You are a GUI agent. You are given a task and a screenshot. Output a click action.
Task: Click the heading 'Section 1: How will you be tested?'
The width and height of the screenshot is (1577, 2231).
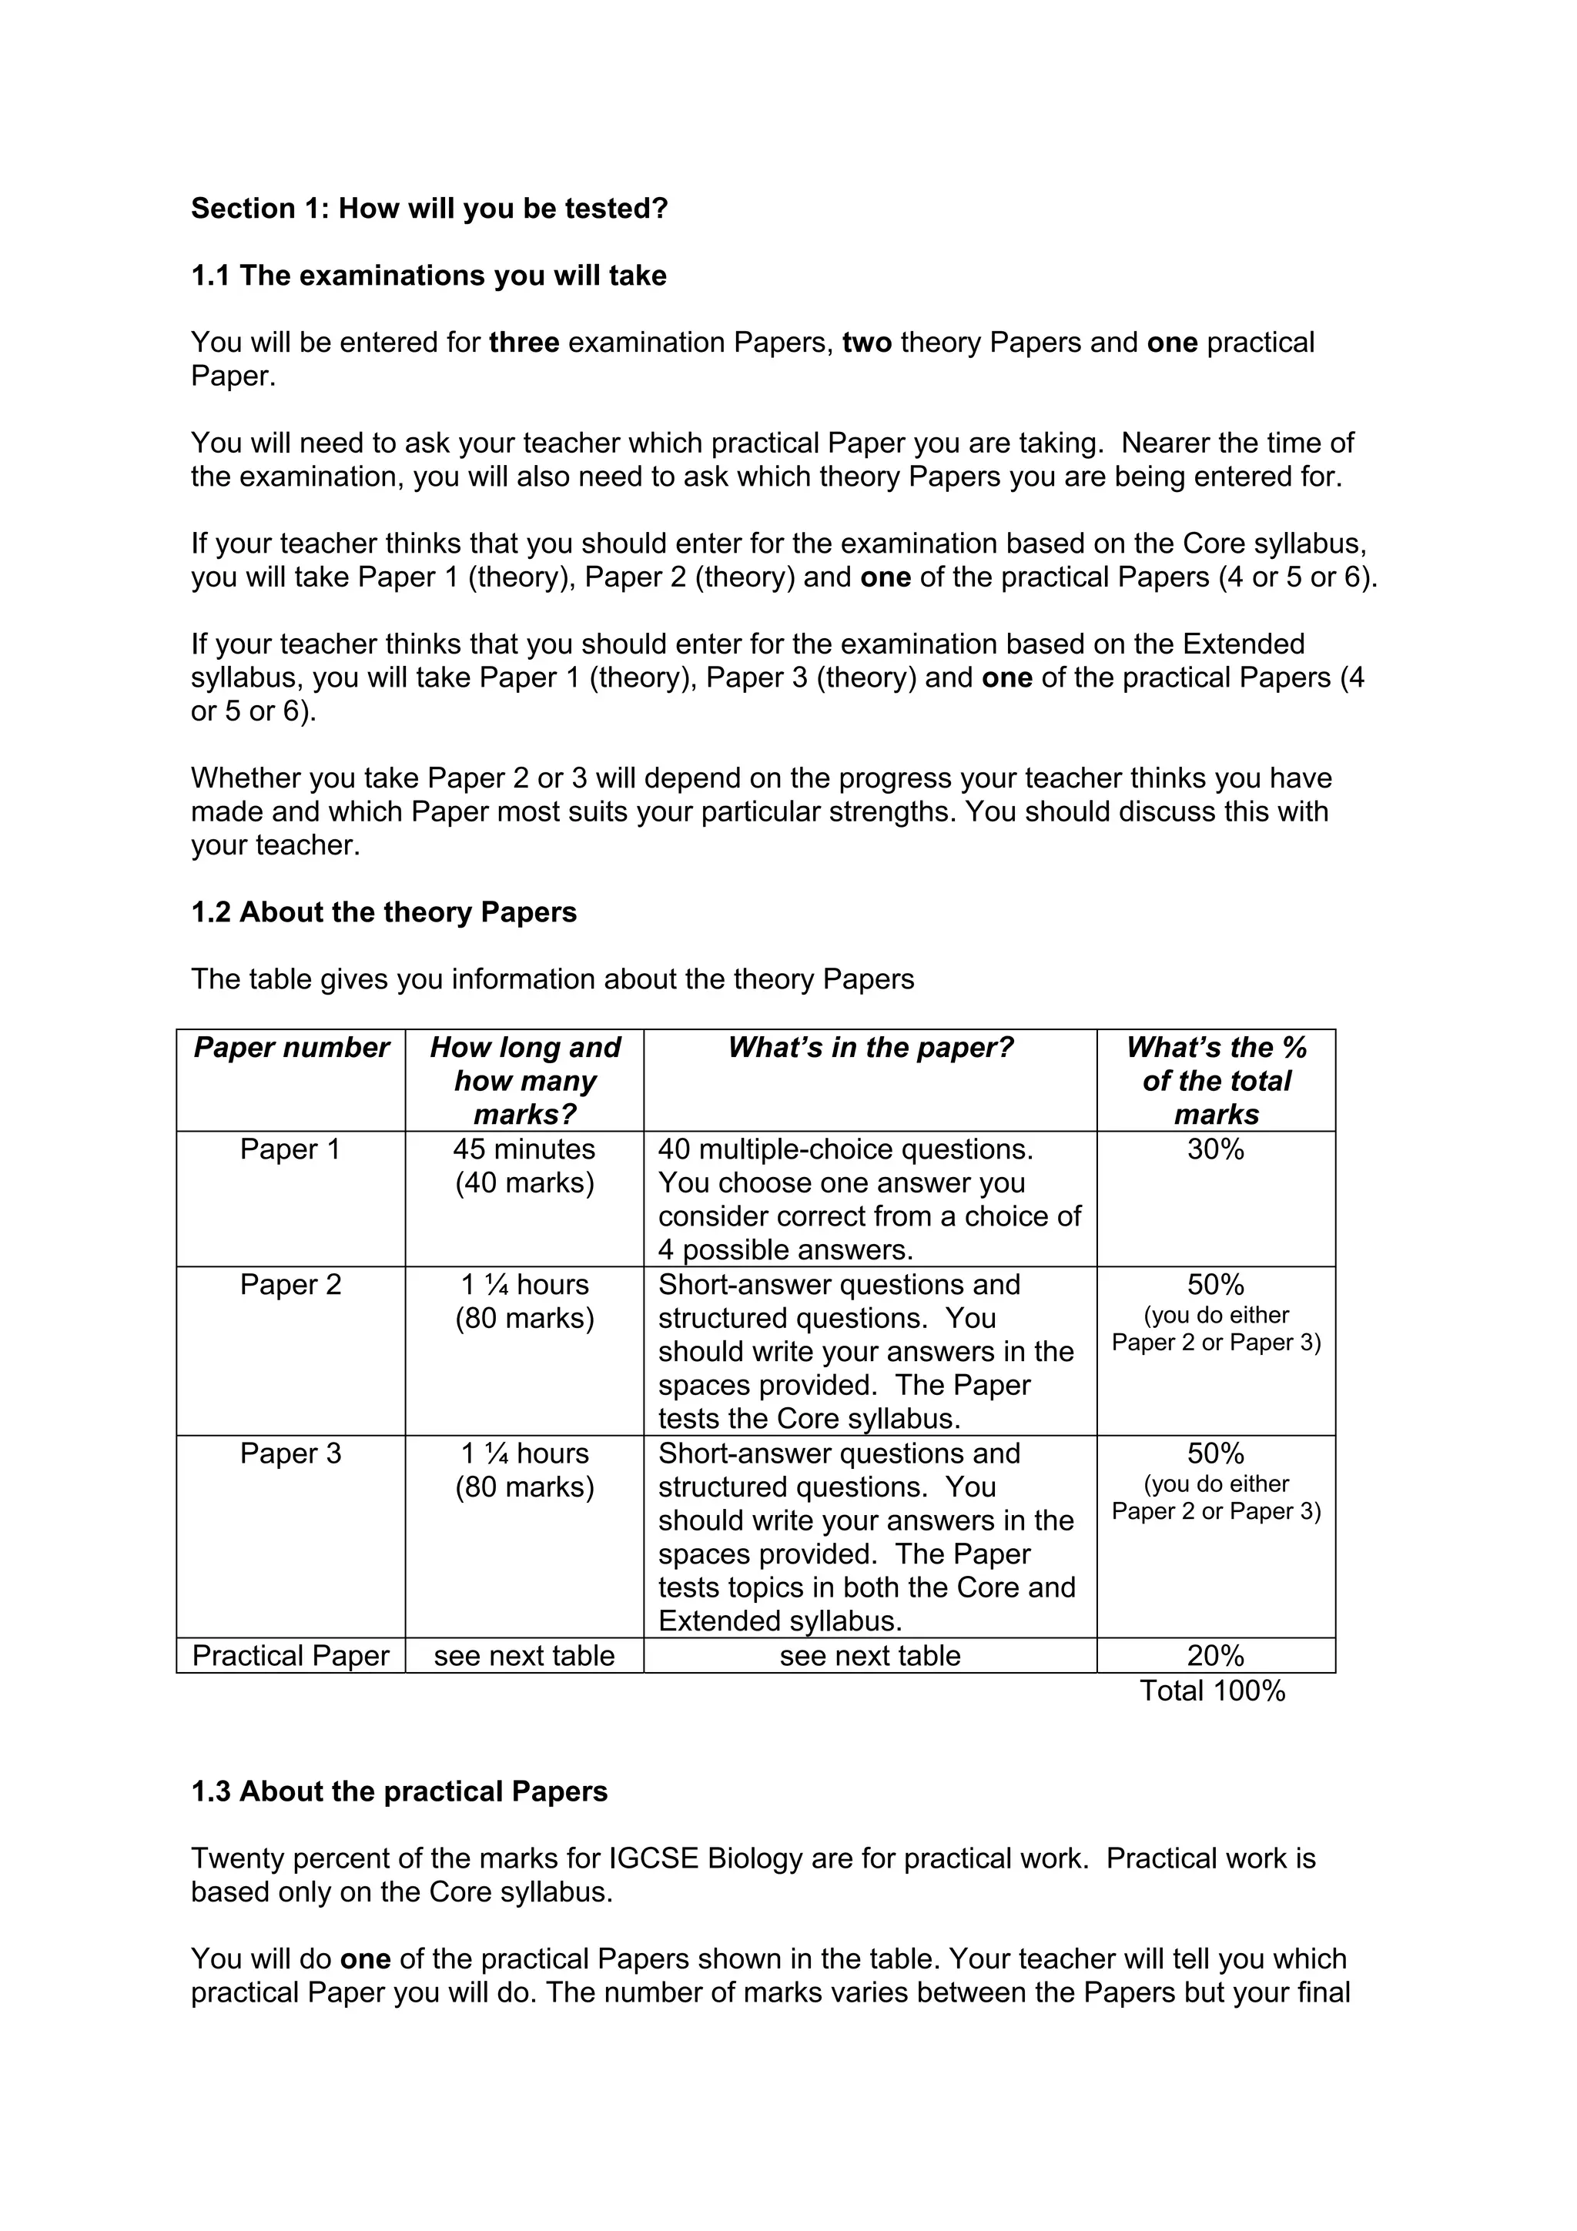click(430, 209)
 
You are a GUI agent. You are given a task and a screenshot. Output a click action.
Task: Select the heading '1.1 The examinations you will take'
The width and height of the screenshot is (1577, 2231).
click(428, 276)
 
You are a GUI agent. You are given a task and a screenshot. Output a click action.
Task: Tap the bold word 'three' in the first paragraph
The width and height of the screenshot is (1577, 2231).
click(524, 343)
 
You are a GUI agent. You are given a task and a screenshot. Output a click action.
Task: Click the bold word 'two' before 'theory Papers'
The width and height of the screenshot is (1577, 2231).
click(867, 343)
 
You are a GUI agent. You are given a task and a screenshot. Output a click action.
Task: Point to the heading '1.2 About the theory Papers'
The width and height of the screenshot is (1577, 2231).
click(383, 912)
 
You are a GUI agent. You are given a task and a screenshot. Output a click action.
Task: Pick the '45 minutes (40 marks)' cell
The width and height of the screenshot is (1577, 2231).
click(524, 1166)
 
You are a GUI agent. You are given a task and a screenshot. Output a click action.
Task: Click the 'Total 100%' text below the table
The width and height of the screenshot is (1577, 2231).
click(1212, 1691)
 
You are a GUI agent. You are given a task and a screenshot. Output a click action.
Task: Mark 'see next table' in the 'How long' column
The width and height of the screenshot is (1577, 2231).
click(524, 1656)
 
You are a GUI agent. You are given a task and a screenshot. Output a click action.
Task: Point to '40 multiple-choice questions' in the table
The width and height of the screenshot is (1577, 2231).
click(845, 1149)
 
